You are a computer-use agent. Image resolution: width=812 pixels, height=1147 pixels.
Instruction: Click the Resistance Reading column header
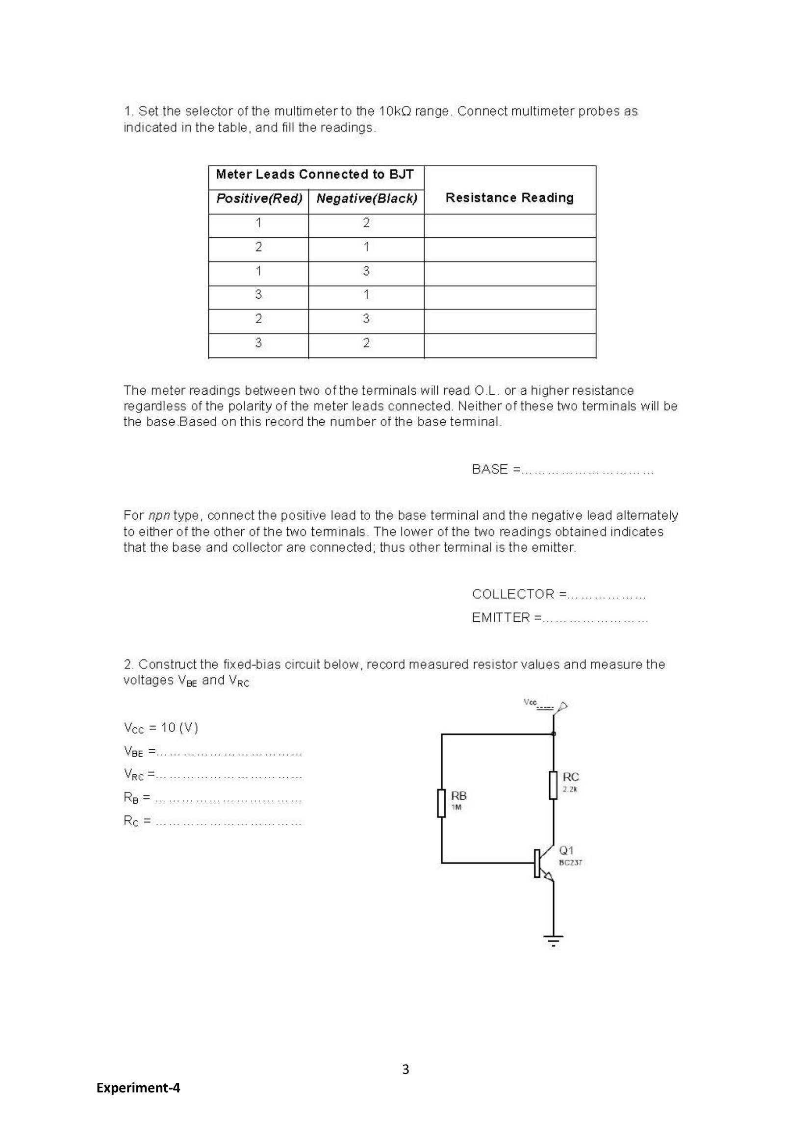(509, 198)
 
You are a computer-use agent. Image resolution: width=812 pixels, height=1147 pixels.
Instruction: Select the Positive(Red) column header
(259, 199)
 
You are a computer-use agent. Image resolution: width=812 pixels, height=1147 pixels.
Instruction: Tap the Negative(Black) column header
(366, 199)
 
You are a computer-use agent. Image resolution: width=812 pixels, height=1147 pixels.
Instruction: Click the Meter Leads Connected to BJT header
(314, 174)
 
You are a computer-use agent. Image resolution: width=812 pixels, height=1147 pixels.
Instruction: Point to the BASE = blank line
(587, 470)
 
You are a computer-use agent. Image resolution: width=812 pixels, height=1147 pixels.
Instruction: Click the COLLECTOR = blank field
(607, 595)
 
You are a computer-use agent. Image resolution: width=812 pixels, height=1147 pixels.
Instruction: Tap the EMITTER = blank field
(595, 618)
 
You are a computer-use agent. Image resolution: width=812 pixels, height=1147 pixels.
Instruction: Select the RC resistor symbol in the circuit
(553, 785)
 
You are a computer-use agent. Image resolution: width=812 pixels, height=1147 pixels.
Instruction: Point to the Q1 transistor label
(566, 850)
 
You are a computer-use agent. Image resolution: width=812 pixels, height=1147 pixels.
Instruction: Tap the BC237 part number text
(570, 863)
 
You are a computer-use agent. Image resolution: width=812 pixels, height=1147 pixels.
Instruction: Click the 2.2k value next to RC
(569, 790)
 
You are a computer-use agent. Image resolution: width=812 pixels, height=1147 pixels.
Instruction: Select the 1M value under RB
(456, 808)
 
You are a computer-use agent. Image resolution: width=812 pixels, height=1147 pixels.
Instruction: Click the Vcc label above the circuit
(530, 702)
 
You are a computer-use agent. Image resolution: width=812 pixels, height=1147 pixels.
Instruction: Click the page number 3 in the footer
(406, 1070)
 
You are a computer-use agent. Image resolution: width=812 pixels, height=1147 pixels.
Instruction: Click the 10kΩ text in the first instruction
(395, 111)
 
